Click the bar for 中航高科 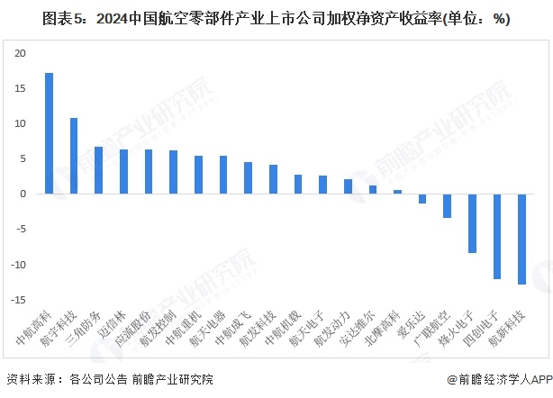click(49, 133)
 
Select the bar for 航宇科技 click(74, 156)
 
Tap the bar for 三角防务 click(99, 170)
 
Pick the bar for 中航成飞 click(248, 178)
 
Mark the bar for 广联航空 click(447, 205)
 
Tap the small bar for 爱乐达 click(422, 198)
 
